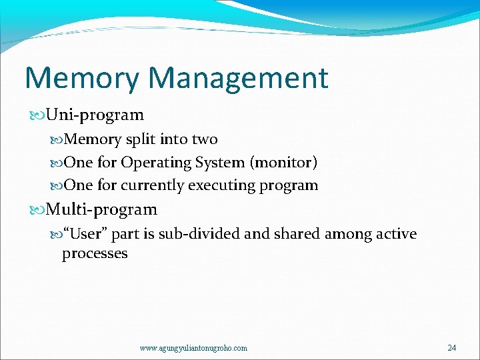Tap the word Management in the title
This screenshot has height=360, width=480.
point(238,78)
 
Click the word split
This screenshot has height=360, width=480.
point(137,139)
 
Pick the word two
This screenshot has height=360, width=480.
point(205,139)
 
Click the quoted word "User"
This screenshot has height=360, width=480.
point(85,234)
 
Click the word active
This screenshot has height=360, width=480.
point(393,234)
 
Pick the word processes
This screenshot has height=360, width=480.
point(95,254)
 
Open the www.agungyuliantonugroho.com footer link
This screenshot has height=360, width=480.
point(193,348)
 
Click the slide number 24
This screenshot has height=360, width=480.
point(452,348)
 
